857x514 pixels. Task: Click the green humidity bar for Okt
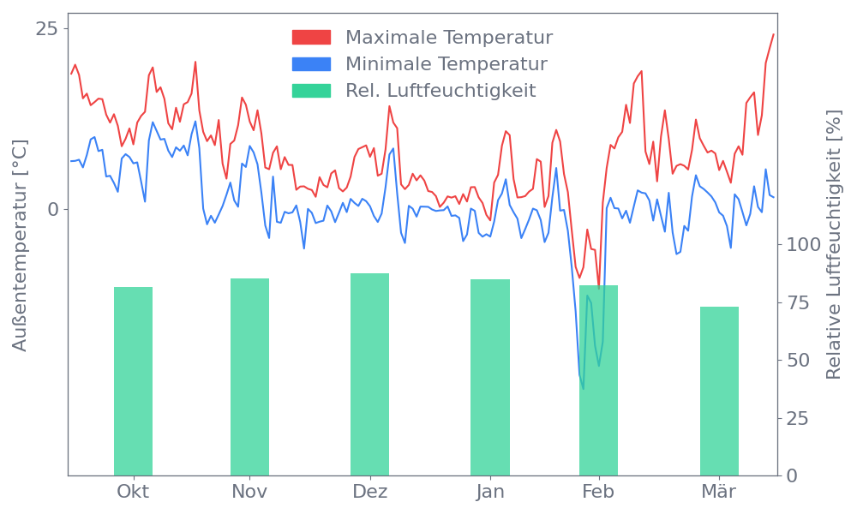[133, 381]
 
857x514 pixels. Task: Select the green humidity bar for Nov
[249, 377]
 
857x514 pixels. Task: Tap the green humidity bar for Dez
[369, 374]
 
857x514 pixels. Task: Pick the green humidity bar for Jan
[489, 377]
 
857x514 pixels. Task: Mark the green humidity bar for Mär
[719, 391]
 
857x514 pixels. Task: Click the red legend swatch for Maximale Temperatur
[311, 38]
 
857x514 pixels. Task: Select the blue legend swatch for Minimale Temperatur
[311, 64]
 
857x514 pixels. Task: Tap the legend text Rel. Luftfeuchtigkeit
[440, 91]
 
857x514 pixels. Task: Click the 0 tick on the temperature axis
[52, 209]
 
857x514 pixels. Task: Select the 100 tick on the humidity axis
[804, 245]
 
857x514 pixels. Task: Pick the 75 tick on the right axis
[799, 302]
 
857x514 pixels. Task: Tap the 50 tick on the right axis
[799, 360]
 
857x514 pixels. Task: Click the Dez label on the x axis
[370, 492]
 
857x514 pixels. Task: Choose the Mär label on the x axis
[720, 492]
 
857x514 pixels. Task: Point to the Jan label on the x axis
[490, 492]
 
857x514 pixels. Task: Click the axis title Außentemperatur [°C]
[21, 246]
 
